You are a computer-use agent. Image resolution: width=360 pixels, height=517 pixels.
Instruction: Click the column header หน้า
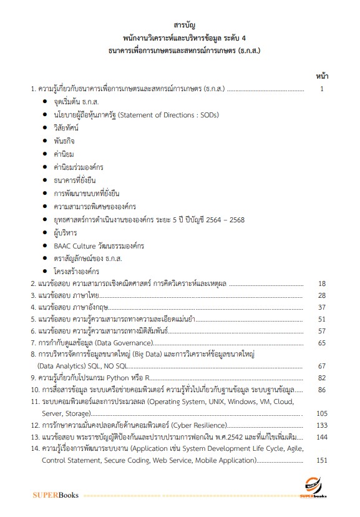323,76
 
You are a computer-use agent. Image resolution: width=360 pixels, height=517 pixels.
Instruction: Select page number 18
322,283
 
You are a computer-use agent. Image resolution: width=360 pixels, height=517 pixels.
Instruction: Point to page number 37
322,307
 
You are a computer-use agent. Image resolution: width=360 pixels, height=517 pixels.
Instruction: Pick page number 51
322,319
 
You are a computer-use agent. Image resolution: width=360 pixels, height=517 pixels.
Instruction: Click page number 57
322,331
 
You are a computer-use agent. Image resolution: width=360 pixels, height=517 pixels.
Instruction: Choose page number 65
322,343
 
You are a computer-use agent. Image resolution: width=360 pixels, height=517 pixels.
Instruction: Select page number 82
322,378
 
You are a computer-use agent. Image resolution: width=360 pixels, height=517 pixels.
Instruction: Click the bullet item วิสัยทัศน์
66,127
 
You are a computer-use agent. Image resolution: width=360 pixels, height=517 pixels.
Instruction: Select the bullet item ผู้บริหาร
66,232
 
